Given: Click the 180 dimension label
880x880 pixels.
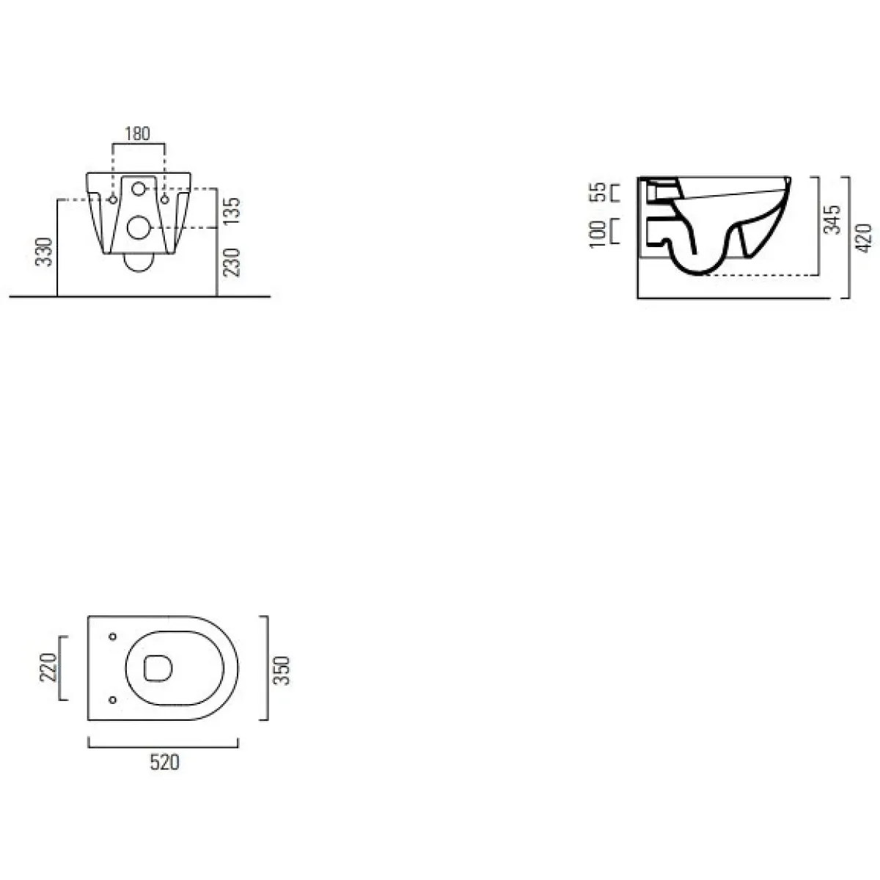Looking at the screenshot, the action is (x=137, y=133).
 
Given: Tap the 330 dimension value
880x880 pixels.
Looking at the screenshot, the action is (x=44, y=252).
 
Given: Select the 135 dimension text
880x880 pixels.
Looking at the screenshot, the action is (x=232, y=210).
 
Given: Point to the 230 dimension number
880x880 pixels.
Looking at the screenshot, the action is (x=232, y=262).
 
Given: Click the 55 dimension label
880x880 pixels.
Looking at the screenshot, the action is (x=598, y=192).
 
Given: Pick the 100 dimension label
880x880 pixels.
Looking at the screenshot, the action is (x=598, y=234).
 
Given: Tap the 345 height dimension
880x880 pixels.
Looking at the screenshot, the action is (x=832, y=220).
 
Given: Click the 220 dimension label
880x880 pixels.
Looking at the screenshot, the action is (x=48, y=667).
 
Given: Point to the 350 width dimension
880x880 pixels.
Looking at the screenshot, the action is (x=282, y=670).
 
